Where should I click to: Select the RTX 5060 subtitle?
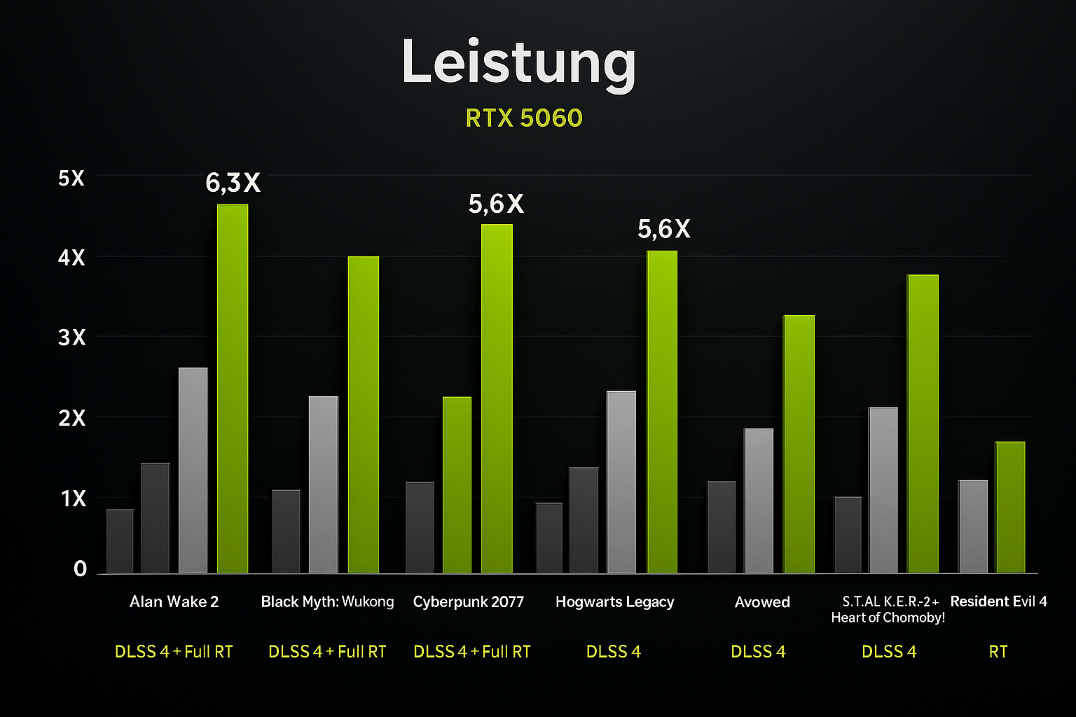pos(524,118)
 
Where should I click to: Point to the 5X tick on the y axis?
pos(71,179)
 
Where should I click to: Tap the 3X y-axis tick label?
pos(71,338)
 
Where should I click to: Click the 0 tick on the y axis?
pos(80,569)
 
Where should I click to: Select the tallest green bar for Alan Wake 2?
pos(233,389)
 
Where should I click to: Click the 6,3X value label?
pos(233,183)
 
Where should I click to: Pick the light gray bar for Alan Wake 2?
pos(193,471)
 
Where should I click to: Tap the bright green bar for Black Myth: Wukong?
pos(364,415)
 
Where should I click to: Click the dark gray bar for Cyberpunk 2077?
pos(420,527)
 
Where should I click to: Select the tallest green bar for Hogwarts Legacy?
pos(661,412)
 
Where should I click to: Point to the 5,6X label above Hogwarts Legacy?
pos(663,229)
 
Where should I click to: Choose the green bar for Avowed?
pos(799,444)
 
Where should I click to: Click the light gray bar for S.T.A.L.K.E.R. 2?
pos(883,490)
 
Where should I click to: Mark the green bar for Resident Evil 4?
pos(1010,507)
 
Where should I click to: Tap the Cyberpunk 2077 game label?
pos(469,602)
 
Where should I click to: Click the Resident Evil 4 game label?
pos(998,601)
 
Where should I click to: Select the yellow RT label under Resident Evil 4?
pos(998,652)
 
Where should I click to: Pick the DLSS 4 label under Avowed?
pos(758,652)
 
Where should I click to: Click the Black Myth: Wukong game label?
pos(327,602)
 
